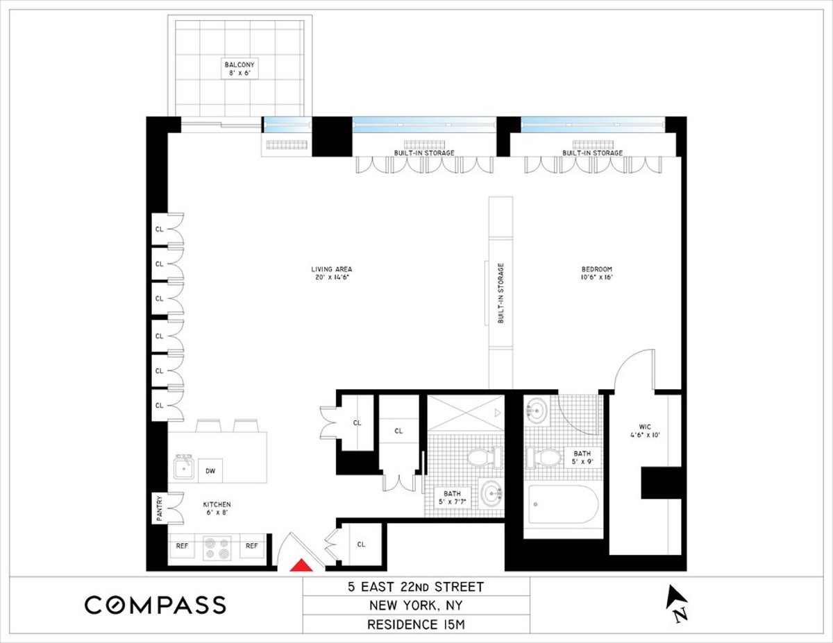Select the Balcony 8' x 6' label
point(238,69)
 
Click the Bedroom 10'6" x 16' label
point(596,273)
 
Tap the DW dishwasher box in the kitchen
point(210,470)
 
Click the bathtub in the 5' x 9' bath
point(564,506)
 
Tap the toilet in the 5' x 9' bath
point(544,458)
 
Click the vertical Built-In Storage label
point(500,293)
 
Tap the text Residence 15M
point(416,625)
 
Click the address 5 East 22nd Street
point(416,587)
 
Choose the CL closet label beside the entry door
point(361,545)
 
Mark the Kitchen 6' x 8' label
point(217,508)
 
